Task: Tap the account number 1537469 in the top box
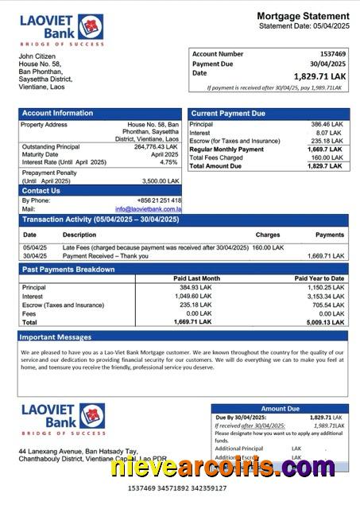327,54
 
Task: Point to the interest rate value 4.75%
168,161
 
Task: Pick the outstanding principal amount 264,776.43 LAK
156,146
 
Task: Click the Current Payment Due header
228,113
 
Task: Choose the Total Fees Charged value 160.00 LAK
327,157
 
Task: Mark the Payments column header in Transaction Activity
329,235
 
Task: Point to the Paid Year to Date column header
319,278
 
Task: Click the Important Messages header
56,337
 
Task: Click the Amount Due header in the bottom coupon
279,408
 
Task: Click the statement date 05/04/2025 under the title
325,26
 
